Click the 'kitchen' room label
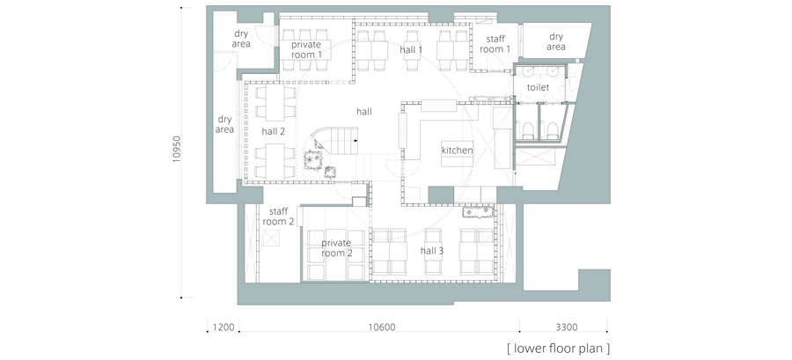[x=457, y=151]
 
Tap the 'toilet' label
[x=538, y=87]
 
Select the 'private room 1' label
[x=306, y=49]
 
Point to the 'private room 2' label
[x=337, y=248]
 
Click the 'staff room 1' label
[x=495, y=44]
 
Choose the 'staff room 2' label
[x=278, y=216]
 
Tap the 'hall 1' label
[x=411, y=50]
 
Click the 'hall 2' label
[x=274, y=132]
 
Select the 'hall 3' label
[x=432, y=251]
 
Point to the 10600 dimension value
[x=381, y=327]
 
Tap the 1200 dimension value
[x=223, y=327]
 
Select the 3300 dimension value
[x=566, y=327]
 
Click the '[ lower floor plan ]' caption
[x=558, y=349]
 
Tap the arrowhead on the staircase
[x=356, y=140]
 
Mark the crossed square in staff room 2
[x=271, y=238]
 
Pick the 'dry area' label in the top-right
[x=555, y=42]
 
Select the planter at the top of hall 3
[x=479, y=210]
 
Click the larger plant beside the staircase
[x=313, y=160]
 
